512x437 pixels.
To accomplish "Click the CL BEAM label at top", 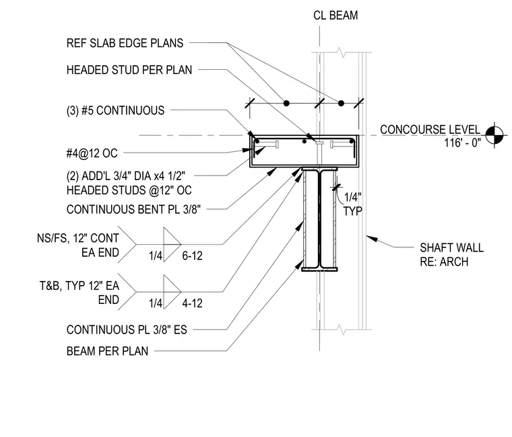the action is (335, 15).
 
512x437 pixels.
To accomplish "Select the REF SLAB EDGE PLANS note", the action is (125, 43).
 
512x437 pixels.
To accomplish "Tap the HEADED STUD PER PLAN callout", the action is (129, 70).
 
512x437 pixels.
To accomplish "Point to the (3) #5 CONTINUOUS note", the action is (115, 110).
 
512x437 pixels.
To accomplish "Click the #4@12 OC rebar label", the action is (92, 153).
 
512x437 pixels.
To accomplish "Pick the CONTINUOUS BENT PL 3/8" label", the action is (133, 209).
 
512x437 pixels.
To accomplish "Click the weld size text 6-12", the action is (192, 255).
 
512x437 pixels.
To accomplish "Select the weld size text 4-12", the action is (192, 303).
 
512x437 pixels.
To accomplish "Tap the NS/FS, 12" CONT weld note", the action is (78, 238).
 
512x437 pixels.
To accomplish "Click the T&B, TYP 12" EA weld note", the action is (79, 286).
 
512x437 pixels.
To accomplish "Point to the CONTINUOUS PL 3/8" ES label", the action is (127, 330).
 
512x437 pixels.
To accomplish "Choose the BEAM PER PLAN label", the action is (107, 351).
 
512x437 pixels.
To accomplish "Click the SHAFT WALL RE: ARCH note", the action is (451, 255).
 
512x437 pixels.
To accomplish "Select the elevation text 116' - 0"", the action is (462, 143).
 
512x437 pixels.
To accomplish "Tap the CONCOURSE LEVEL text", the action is (430, 129).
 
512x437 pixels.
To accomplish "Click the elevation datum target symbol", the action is (494, 135).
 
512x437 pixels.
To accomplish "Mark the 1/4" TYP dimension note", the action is (352, 204).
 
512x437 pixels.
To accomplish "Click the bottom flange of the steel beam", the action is (319, 269).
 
